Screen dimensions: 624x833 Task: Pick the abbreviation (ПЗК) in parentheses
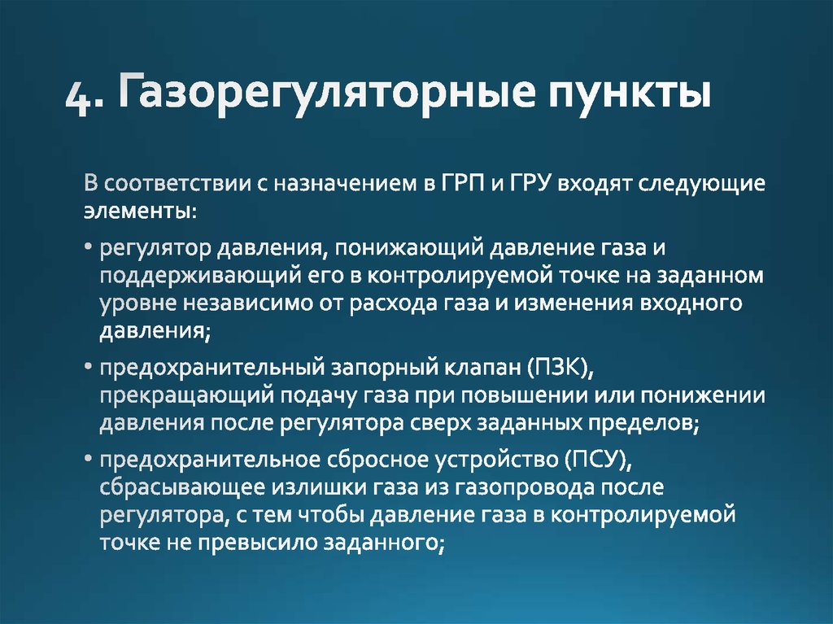click(561, 369)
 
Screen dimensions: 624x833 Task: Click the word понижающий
click(408, 247)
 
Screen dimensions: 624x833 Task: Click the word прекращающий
click(188, 397)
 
